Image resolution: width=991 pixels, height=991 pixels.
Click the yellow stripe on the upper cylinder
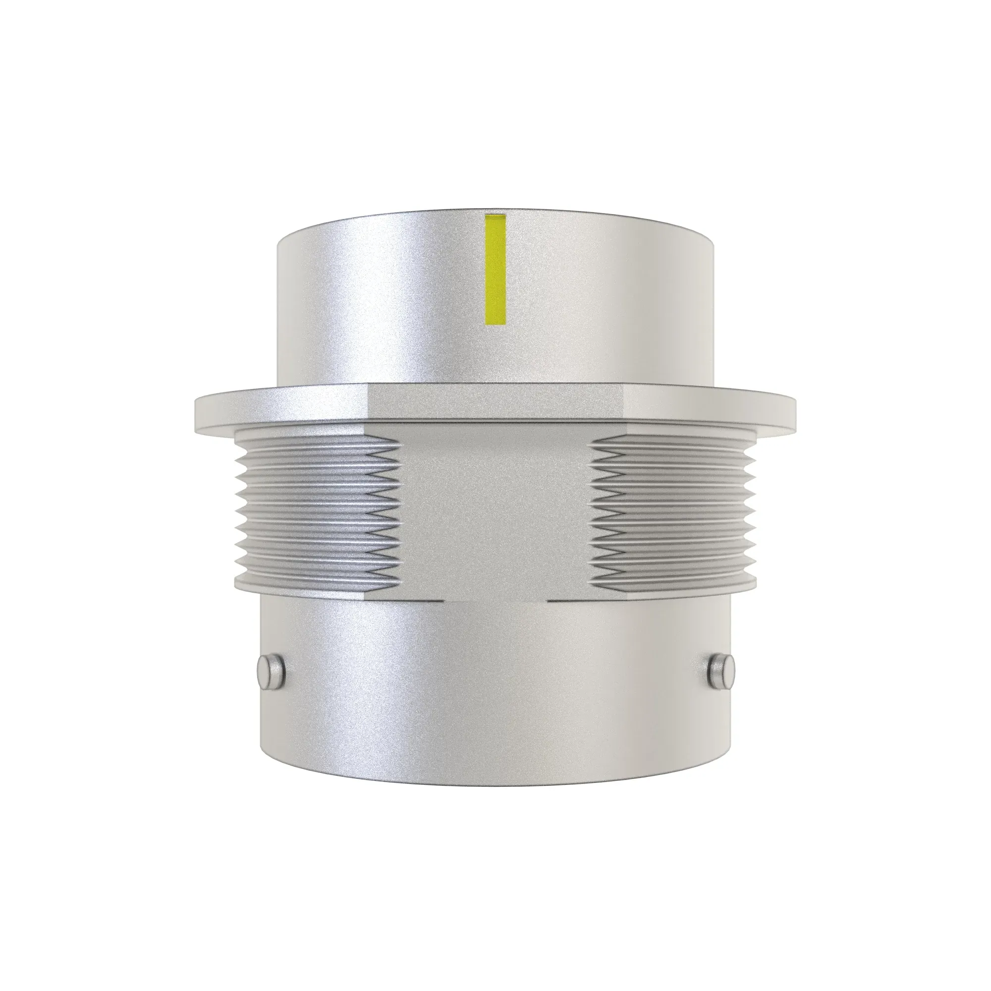tap(495, 269)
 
